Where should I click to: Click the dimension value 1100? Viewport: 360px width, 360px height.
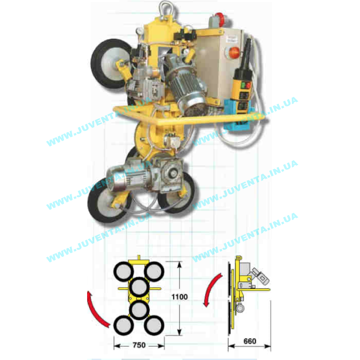click(x=180, y=297)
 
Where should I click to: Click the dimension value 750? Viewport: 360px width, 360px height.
click(x=139, y=345)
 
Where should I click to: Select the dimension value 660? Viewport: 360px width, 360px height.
click(x=250, y=341)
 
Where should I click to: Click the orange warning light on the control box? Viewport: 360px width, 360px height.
click(x=234, y=52)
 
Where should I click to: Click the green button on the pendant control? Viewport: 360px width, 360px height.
click(x=242, y=85)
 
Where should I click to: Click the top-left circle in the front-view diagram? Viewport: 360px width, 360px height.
click(x=123, y=271)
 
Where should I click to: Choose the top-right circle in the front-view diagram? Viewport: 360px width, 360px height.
click(x=154, y=271)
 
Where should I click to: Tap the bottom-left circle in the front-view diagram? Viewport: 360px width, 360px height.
click(x=123, y=325)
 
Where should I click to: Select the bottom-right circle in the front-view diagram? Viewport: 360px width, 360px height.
click(x=154, y=325)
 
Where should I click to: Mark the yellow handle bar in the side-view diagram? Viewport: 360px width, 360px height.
click(x=254, y=289)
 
